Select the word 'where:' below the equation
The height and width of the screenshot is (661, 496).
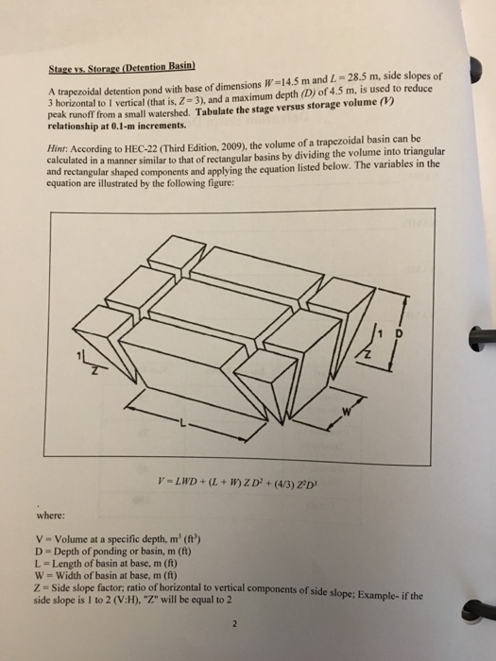pos(51,516)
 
